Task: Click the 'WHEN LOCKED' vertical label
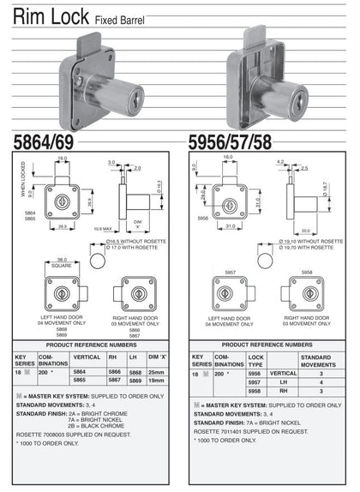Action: coord(23,181)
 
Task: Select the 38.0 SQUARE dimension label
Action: coord(62,262)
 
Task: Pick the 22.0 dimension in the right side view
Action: coord(306,230)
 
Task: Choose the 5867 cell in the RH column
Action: coord(111,380)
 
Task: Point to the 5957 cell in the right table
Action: coord(253,382)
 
